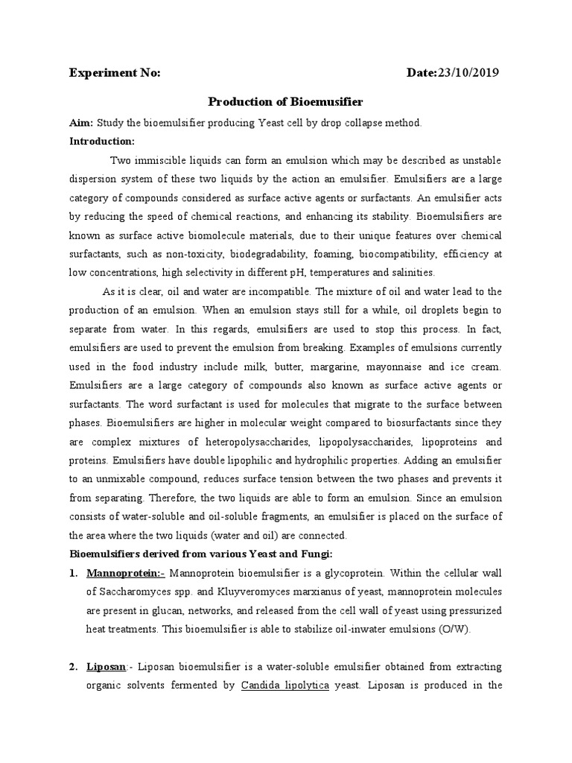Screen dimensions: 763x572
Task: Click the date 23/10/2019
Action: click(x=468, y=72)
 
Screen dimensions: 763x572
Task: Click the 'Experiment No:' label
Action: click(x=115, y=72)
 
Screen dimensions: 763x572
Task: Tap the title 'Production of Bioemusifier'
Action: click(x=285, y=101)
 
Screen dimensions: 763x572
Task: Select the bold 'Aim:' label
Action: click(x=80, y=121)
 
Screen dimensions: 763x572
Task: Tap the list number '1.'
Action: click(x=74, y=572)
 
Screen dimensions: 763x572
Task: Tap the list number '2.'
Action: click(x=74, y=665)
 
